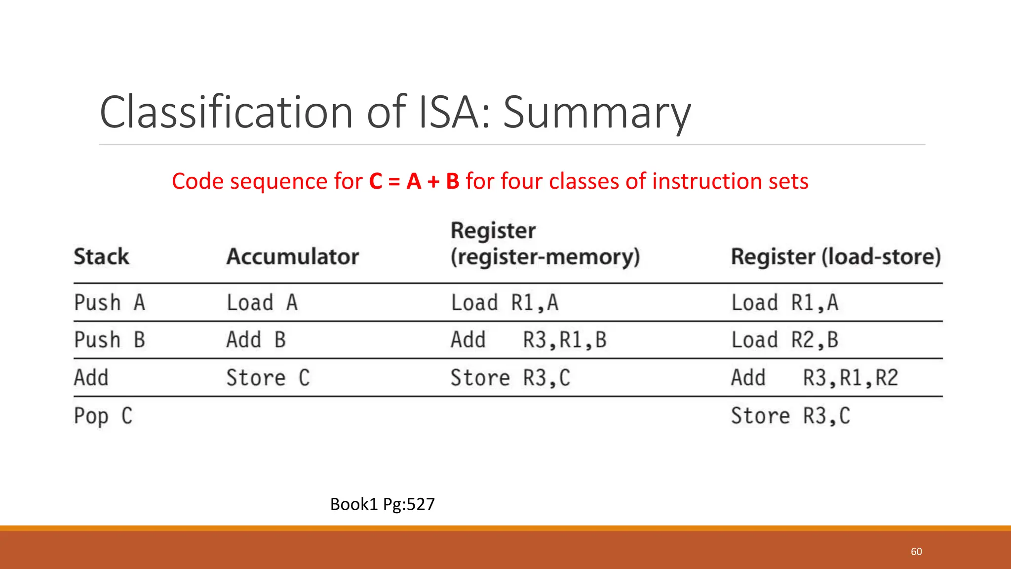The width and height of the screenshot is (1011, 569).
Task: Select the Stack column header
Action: (101, 257)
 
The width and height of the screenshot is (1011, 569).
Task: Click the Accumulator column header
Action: (292, 257)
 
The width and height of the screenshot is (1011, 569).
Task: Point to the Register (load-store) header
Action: (835, 257)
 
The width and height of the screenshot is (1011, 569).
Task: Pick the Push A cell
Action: (110, 302)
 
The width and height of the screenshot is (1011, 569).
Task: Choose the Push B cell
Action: (110, 340)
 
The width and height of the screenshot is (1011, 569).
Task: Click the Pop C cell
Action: (103, 416)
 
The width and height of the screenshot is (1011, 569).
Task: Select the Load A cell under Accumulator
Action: (262, 302)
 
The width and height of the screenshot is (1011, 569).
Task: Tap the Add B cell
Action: (256, 340)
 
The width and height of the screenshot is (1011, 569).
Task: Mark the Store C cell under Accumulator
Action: (268, 378)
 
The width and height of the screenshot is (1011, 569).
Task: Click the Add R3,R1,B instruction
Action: (528, 340)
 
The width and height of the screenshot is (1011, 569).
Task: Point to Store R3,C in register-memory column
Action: (510, 378)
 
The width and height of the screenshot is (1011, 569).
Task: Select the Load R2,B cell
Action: (784, 340)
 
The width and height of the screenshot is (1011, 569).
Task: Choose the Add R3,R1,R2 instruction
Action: (814, 378)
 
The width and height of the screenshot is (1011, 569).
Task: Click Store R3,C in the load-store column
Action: (790, 416)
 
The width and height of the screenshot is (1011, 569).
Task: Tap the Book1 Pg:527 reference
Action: (382, 504)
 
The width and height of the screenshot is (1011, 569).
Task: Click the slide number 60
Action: (916, 552)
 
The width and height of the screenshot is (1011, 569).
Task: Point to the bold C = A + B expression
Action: (414, 181)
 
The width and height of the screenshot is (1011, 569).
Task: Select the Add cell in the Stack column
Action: (91, 378)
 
